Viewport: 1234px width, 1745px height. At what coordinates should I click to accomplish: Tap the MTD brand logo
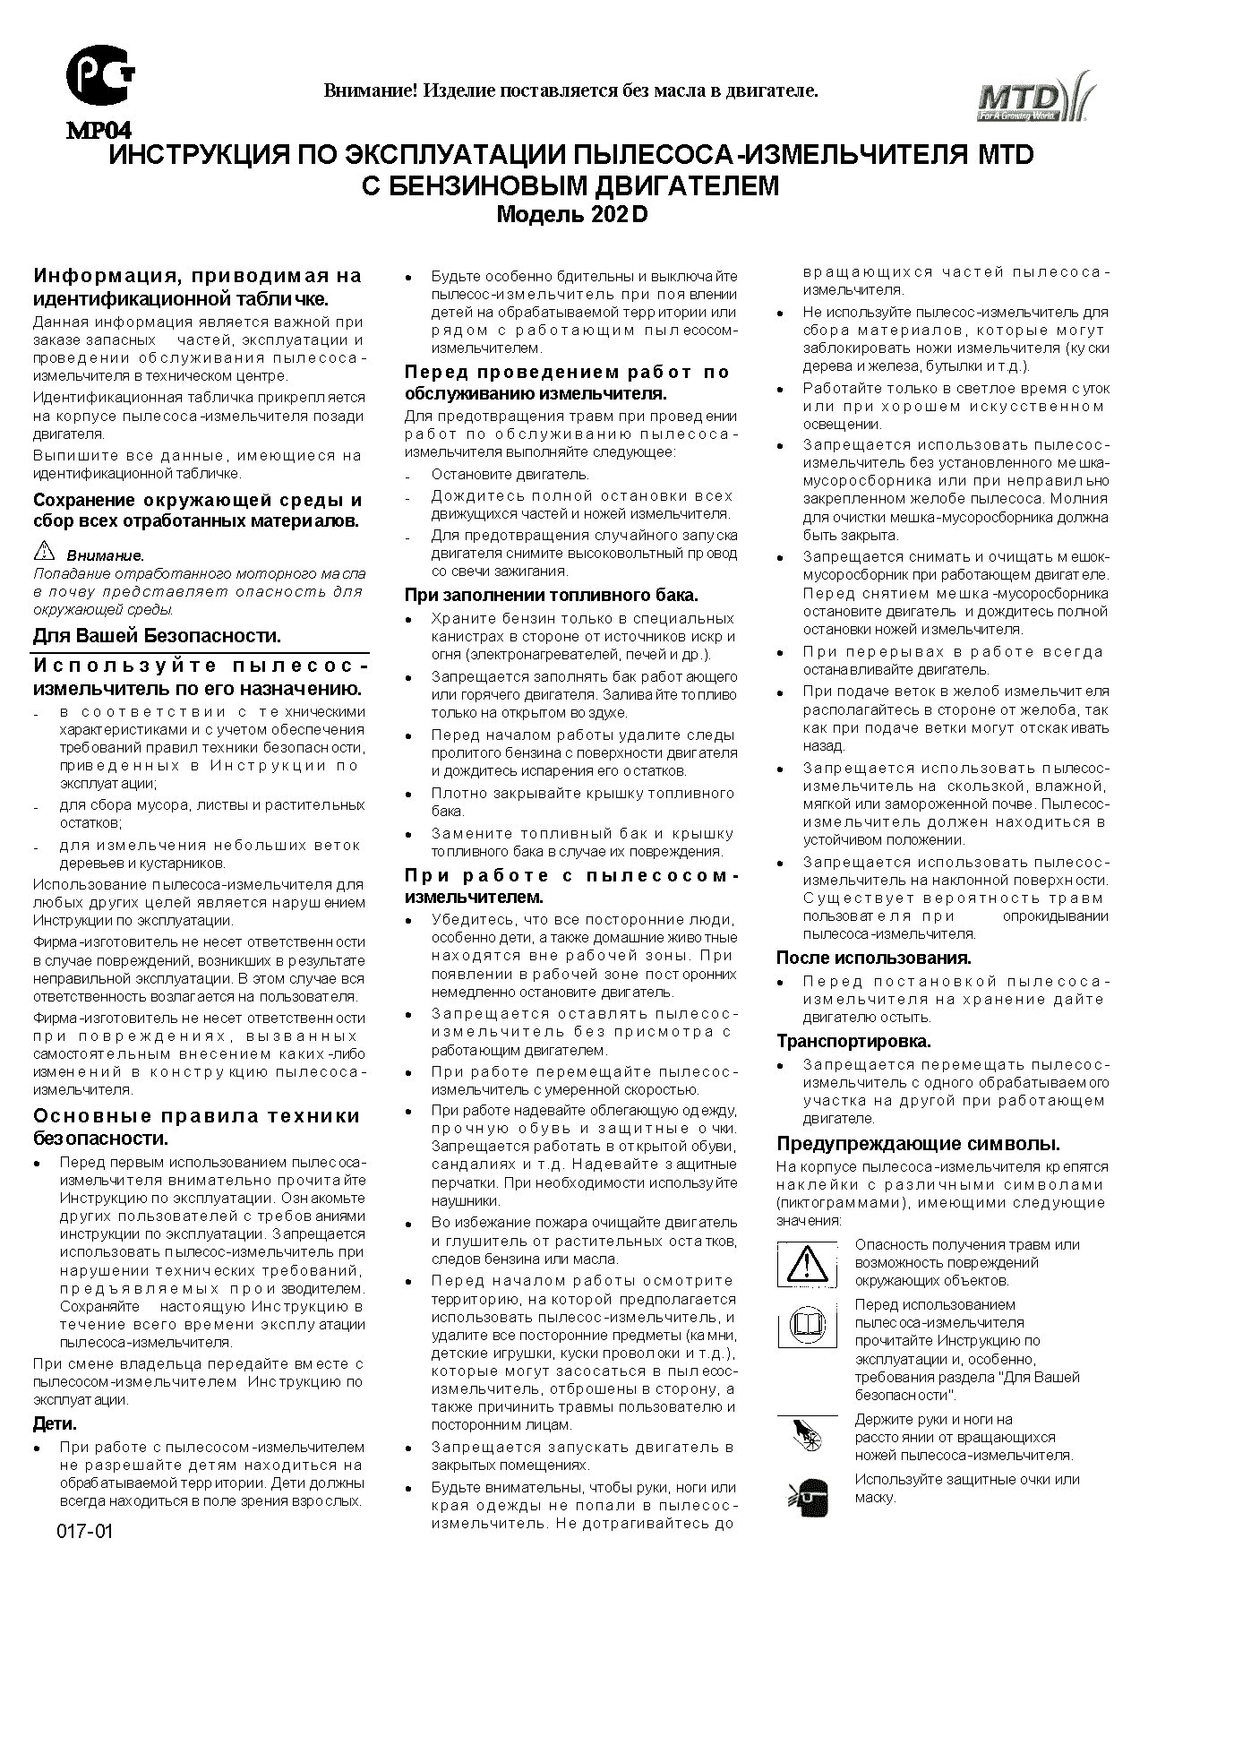[x=1033, y=97]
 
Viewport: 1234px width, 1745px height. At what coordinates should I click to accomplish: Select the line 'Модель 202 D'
[x=571, y=215]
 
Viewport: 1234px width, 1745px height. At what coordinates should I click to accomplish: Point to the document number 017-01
[x=85, y=1531]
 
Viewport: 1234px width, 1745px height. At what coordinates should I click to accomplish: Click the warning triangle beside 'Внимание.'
[x=44, y=551]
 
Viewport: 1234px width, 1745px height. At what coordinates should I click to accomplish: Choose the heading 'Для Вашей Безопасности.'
[x=157, y=636]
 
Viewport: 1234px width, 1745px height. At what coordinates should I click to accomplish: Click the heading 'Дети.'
[x=56, y=1423]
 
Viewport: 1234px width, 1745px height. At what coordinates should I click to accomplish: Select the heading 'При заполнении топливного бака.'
[x=551, y=595]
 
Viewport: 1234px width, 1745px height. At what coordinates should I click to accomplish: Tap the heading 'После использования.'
[x=873, y=958]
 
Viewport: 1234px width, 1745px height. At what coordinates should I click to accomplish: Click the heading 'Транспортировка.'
[x=853, y=1041]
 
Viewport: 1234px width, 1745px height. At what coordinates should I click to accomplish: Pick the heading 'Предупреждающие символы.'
[x=918, y=1144]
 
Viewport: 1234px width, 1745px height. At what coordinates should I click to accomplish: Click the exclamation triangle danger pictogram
[x=807, y=1264]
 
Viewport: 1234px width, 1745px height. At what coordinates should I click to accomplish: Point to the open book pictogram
[x=806, y=1324]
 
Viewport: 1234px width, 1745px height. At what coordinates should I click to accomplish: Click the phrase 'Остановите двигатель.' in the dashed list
[x=510, y=474]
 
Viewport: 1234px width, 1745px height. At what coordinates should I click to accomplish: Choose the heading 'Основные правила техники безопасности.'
[x=196, y=1127]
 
